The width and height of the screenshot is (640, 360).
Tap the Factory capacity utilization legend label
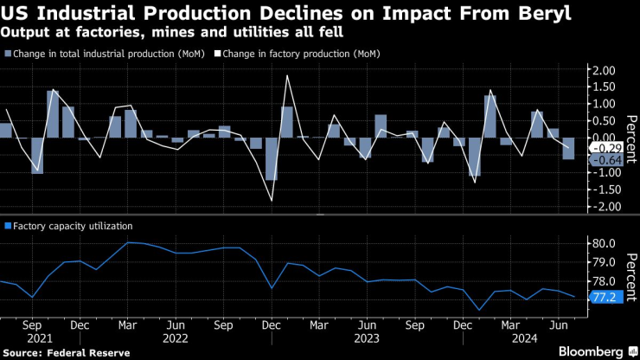click(73, 226)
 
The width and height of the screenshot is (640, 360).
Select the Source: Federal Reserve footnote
click(66, 352)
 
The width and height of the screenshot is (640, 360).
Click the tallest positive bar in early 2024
click(490, 116)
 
